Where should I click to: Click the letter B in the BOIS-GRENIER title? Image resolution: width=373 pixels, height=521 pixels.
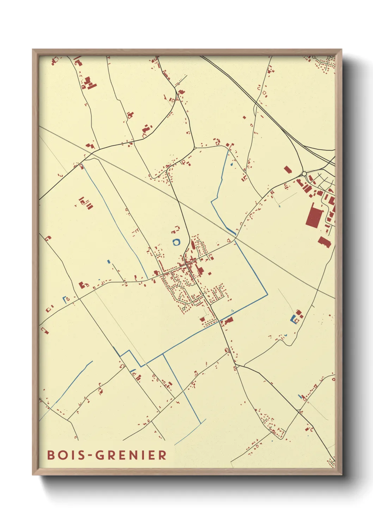click(51, 455)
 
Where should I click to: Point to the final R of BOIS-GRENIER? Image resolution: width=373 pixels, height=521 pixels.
click(162, 455)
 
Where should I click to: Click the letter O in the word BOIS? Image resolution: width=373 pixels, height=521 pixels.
click(62, 455)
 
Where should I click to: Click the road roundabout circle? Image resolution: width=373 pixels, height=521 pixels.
click(304, 174)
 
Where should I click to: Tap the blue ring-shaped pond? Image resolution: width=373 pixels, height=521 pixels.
click(176, 242)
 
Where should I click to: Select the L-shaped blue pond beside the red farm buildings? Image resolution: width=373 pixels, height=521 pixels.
click(293, 319)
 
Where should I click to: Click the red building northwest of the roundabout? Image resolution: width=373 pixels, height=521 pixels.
click(288, 170)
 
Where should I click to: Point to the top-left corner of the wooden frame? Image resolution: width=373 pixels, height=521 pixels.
click(33, 50)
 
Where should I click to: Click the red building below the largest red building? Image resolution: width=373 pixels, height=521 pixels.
click(324, 242)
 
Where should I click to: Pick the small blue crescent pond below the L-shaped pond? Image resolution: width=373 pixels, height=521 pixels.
click(286, 335)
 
